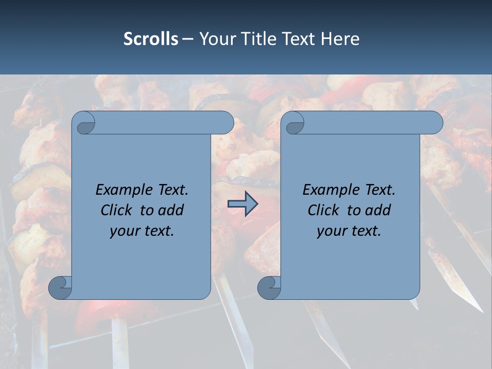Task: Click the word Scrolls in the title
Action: pyautogui.click(x=151, y=39)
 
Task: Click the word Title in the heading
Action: pyautogui.click(x=260, y=39)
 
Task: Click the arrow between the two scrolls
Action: pyautogui.click(x=242, y=204)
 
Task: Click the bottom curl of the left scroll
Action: pyautogui.click(x=60, y=288)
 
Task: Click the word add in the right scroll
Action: pyautogui.click(x=379, y=210)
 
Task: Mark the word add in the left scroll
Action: pyautogui.click(x=172, y=210)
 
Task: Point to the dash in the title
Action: pyautogui.click(x=188, y=39)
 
